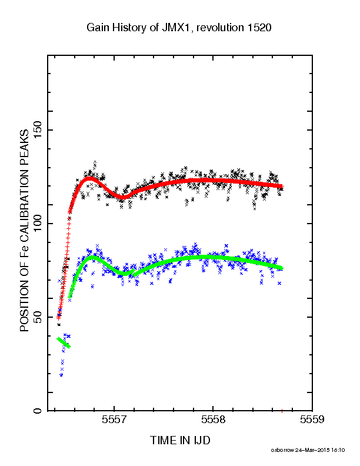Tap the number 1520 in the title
pyautogui.click(x=259, y=28)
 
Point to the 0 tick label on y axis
pyautogui.click(x=37, y=411)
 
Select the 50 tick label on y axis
pyautogui.click(x=37, y=317)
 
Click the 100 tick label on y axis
pyautogui.click(x=37, y=224)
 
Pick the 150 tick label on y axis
pyautogui.click(x=37, y=130)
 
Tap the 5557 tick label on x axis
pyautogui.click(x=114, y=420)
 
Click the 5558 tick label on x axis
pyautogui.click(x=214, y=420)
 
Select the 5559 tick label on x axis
pyautogui.click(x=312, y=420)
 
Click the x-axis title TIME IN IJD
pyautogui.click(x=181, y=440)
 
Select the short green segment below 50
pyautogui.click(x=64, y=342)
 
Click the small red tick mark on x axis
pyautogui.click(x=282, y=411)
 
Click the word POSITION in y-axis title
pyautogui.click(x=24, y=305)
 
